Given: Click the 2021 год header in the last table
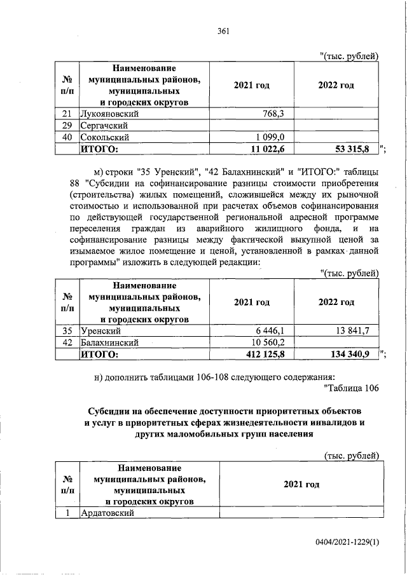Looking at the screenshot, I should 301,485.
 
